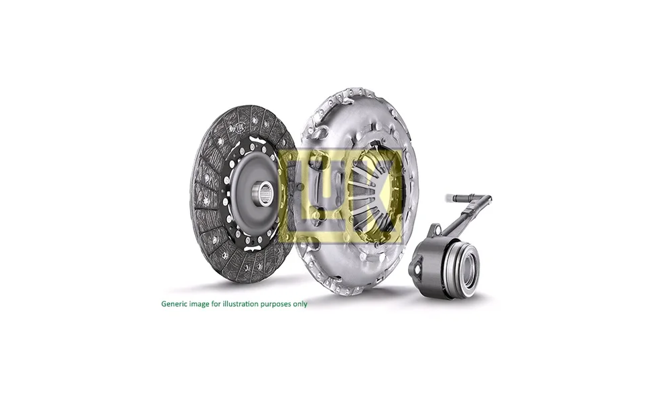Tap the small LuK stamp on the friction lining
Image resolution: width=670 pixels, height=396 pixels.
[240, 127]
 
